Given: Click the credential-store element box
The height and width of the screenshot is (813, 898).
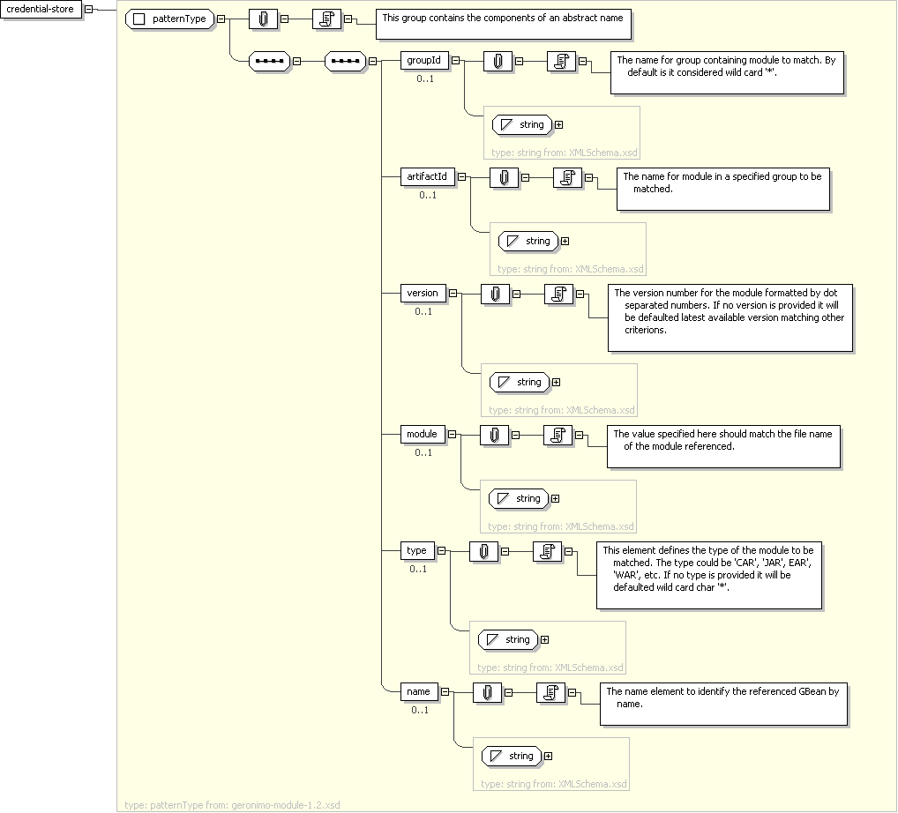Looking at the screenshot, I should [41, 10].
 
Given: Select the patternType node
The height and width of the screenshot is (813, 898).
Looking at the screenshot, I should [169, 19].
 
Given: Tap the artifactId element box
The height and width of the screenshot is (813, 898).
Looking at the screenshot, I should [427, 177].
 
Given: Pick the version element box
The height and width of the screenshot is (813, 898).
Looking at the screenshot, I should [423, 294].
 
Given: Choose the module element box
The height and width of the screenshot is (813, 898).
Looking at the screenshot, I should [423, 435].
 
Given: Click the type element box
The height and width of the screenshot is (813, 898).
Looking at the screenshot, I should [416, 551].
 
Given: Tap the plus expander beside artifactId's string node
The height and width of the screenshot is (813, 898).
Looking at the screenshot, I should [565, 242].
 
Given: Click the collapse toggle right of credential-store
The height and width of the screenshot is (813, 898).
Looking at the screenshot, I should [88, 10].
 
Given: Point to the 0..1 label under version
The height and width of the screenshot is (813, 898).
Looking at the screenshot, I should [423, 311].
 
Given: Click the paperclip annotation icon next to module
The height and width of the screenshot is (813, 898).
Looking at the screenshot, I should [495, 435].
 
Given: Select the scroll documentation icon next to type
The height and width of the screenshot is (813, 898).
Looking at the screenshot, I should [548, 551].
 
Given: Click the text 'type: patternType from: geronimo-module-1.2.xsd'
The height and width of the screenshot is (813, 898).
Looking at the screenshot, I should [232, 805].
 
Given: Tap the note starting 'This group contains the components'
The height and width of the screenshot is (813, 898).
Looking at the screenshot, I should [505, 24].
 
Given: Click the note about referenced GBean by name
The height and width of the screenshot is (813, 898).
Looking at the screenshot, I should [723, 704].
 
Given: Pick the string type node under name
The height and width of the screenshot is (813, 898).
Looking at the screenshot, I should [512, 757].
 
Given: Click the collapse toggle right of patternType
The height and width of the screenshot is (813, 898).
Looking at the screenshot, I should [220, 19].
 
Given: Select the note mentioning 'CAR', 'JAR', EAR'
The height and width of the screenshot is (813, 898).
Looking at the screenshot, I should [709, 575].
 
